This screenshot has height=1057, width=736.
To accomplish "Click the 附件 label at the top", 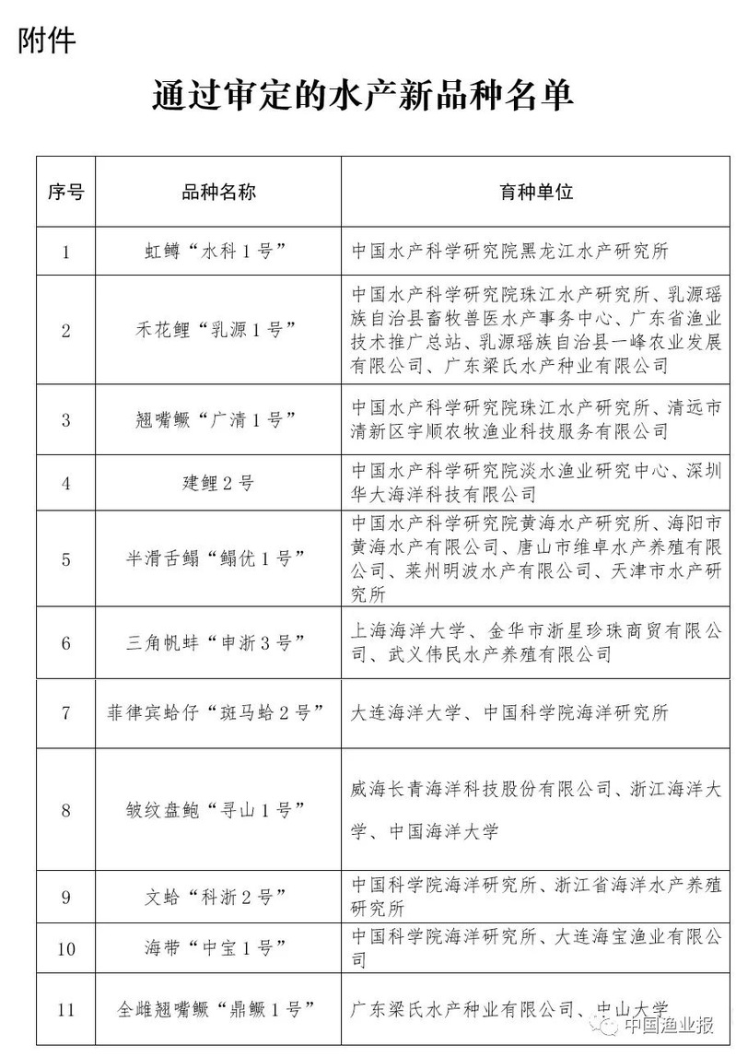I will tap(46, 41).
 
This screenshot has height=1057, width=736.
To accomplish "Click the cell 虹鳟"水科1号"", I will tap(218, 251).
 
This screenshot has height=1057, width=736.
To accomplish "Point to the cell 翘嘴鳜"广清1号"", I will tap(218, 419).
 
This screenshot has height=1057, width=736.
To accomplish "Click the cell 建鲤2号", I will tap(218, 482).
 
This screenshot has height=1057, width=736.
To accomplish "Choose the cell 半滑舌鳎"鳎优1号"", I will tap(218, 558).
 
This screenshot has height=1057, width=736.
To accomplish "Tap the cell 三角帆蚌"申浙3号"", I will tap(218, 642).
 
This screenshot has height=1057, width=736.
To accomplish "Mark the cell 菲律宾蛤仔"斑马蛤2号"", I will tap(218, 712).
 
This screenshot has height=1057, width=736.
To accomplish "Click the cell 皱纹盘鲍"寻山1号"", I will tap(218, 811).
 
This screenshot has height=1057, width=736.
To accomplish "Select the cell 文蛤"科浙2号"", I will tap(218, 896).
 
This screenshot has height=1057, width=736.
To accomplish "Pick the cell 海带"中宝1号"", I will tap(218, 948).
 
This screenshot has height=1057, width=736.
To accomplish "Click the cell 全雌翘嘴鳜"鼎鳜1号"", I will tap(218, 1010).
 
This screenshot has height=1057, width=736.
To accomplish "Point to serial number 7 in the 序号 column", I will tap(65, 712).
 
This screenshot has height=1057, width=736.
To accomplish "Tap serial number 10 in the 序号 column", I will tap(65, 948).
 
